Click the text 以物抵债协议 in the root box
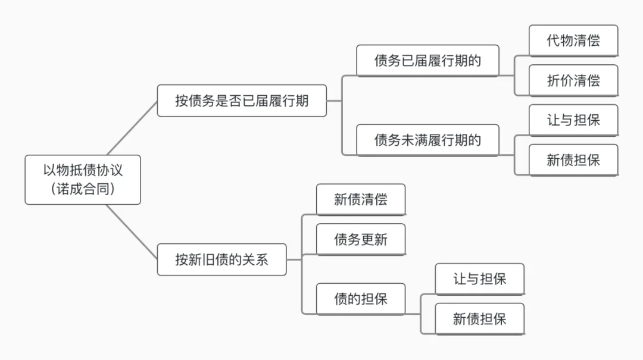pos(83,171)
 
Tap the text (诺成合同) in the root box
pos(83,189)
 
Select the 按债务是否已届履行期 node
pos(242,101)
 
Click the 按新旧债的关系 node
pos(221,259)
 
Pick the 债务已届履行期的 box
pos(427,61)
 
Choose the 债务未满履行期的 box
pos(427,140)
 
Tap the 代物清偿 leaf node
pos(573,40)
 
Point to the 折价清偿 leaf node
pos(573,80)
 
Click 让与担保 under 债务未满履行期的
pos(573,120)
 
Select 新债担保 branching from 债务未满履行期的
pos(573,160)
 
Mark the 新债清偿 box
pos(360,199)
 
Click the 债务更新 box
pos(360,239)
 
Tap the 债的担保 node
pos(360,299)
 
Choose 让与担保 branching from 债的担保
pos(479,279)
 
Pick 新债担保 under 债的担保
pos(479,319)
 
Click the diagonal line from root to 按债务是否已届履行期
pos(132,128)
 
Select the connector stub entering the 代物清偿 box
pos(522,56)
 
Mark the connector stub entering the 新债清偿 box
pos(310,215)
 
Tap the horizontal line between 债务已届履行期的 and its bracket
pos(507,76)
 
